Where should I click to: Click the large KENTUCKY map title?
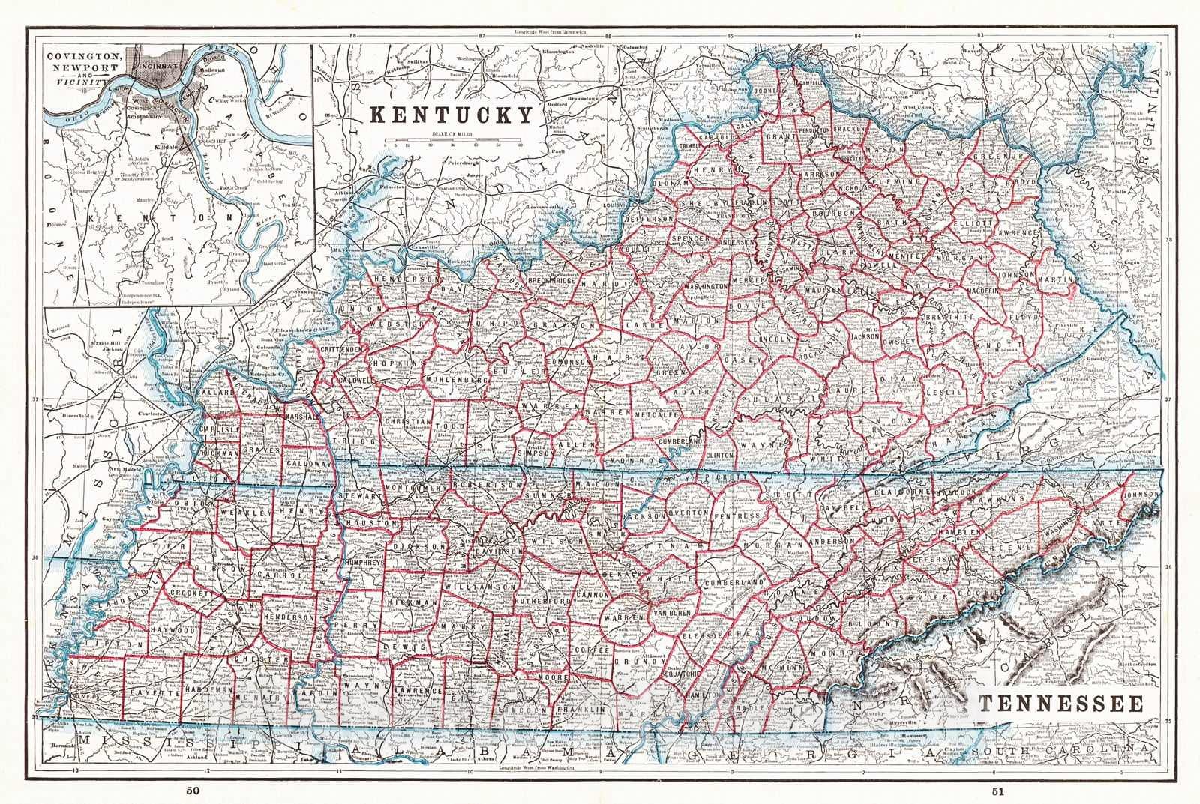pyautogui.click(x=452, y=115)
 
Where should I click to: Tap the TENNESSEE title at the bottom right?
pyautogui.click(x=1060, y=704)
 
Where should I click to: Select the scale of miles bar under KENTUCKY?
pyautogui.click(x=451, y=140)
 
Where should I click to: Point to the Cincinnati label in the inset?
pyautogui.click(x=157, y=66)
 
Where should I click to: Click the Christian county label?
pyautogui.click(x=408, y=421)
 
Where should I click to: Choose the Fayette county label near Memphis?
pyautogui.click(x=153, y=694)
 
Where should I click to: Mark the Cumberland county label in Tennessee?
pyautogui.click(x=733, y=582)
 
